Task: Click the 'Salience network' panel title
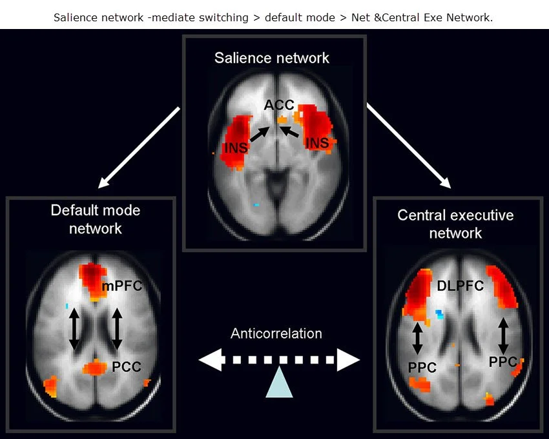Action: pyautogui.click(x=272, y=58)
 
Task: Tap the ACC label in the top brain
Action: pyautogui.click(x=279, y=105)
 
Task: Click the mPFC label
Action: pyautogui.click(x=121, y=286)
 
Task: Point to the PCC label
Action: pyautogui.click(x=127, y=367)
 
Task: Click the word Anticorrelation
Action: pyautogui.click(x=276, y=333)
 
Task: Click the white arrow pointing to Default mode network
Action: pyautogui.click(x=138, y=148)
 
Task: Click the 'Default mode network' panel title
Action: pyautogui.click(x=95, y=219)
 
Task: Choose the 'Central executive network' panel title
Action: pyautogui.click(x=455, y=223)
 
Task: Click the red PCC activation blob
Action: pyautogui.click(x=96, y=367)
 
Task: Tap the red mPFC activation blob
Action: pyautogui.click(x=92, y=279)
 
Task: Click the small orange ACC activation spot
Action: pyautogui.click(x=282, y=120)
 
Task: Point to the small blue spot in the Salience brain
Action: pyautogui.click(x=257, y=204)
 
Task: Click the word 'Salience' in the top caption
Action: pyautogui.click(x=76, y=17)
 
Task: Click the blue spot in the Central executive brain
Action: pyautogui.click(x=440, y=315)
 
